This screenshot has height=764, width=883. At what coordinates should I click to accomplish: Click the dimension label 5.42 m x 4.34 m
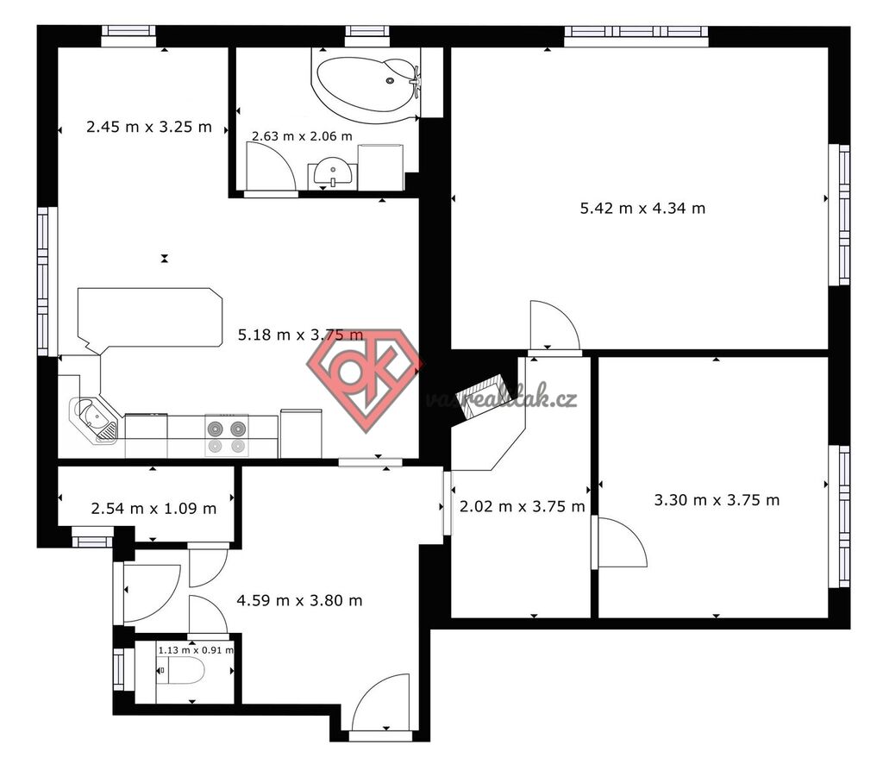(x=642, y=209)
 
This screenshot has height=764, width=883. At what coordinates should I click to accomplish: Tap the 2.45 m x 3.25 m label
(x=149, y=127)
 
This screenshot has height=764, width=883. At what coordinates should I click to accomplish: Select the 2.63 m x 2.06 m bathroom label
(x=302, y=136)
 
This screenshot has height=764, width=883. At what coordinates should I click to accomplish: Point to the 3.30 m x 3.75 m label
(x=717, y=500)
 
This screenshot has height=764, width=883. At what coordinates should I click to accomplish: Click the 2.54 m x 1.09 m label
(x=153, y=509)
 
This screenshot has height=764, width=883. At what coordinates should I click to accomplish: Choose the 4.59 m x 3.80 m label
(x=299, y=601)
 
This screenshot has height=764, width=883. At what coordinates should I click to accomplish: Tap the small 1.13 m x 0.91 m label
(x=196, y=650)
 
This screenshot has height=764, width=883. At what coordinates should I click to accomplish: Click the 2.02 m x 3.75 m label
(x=523, y=507)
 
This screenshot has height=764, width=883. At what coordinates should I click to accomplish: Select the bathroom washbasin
(x=332, y=173)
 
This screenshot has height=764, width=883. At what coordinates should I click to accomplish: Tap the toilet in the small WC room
(x=180, y=671)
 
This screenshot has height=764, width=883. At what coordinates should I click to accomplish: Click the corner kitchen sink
(x=94, y=419)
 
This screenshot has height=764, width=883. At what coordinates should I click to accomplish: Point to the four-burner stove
(x=227, y=436)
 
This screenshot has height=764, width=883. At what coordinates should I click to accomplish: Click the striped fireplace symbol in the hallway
(x=479, y=397)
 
